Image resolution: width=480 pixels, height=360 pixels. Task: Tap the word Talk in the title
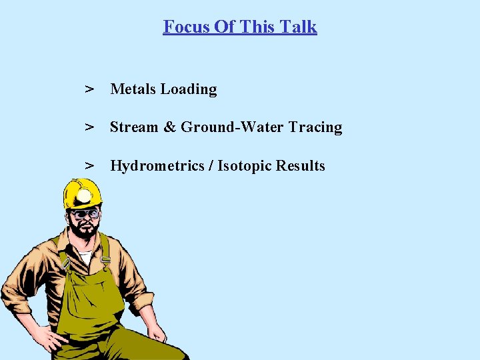click(299, 27)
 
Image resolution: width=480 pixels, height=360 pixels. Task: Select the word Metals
click(133, 89)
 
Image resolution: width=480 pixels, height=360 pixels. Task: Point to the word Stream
click(133, 127)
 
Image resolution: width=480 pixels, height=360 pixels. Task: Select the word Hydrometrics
click(157, 166)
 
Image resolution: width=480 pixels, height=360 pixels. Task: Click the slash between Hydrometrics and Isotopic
click(211, 166)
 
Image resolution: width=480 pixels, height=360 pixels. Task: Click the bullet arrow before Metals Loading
click(88, 89)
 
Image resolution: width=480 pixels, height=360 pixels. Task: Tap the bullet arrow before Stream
click(88, 127)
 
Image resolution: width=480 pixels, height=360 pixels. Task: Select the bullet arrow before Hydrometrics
click(88, 166)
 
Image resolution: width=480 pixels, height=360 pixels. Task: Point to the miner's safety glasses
click(84, 215)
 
